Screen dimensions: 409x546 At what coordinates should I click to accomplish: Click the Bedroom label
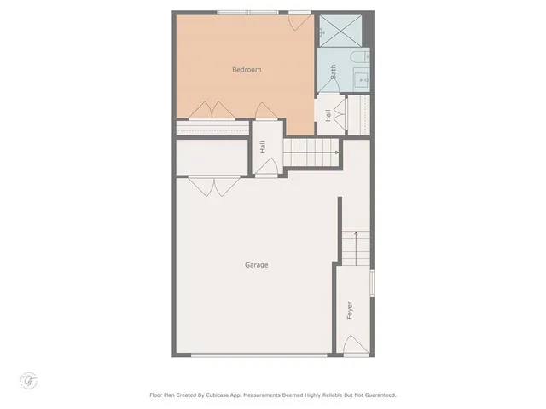(247, 70)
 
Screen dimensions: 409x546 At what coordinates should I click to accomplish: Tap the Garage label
(256, 265)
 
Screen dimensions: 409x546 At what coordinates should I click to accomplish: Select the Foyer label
(350, 309)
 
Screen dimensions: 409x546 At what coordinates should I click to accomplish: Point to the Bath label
(334, 72)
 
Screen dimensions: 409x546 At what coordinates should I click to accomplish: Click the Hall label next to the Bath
(328, 115)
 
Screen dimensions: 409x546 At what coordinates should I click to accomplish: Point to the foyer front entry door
(352, 344)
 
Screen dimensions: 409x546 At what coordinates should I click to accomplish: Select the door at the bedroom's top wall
(298, 19)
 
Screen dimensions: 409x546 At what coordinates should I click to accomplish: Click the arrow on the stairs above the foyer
(354, 236)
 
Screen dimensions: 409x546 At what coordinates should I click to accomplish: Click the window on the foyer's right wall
(371, 282)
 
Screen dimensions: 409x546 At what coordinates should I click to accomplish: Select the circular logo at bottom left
(28, 378)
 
